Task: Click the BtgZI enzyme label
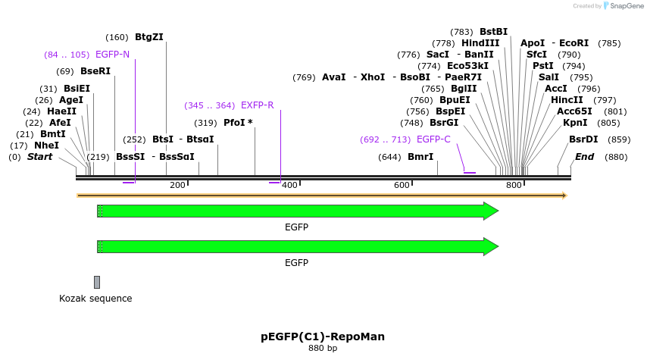click(149, 37)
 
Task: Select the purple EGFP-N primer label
click(112, 55)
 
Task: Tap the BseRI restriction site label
click(95, 71)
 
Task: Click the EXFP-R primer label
click(257, 105)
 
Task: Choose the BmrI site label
click(420, 157)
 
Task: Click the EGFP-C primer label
click(433, 139)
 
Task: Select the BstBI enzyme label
click(493, 32)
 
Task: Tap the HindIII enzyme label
click(480, 43)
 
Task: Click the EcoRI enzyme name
click(574, 43)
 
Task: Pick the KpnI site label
click(575, 123)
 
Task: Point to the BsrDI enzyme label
click(583, 139)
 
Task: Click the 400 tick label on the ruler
click(289, 186)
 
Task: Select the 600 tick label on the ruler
click(402, 186)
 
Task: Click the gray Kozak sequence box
click(97, 282)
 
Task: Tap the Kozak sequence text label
click(95, 299)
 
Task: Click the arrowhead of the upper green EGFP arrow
click(491, 211)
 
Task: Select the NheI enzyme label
click(46, 146)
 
